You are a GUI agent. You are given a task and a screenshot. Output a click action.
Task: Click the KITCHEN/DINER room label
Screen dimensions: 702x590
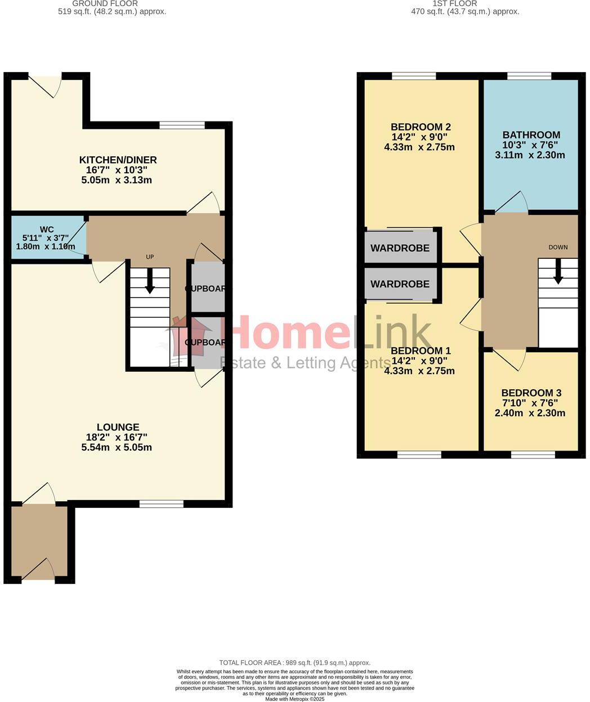[x=118, y=160]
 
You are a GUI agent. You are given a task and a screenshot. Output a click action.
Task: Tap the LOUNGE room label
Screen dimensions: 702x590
[x=118, y=427]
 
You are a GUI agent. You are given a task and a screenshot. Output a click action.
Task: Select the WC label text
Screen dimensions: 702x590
[x=47, y=229]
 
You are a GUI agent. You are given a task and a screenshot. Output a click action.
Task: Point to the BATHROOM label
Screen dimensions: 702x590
[x=531, y=134]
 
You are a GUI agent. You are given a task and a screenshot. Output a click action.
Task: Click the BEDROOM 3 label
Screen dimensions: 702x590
[x=531, y=393]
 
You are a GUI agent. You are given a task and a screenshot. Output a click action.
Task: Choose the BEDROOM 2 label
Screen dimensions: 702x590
[x=421, y=127]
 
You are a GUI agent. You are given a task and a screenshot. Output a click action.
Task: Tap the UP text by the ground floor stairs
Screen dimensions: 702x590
[x=150, y=257]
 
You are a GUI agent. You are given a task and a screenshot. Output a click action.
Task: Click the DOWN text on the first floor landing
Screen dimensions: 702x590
[x=558, y=247]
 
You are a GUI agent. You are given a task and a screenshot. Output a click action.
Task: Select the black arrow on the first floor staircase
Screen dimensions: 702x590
[x=558, y=272]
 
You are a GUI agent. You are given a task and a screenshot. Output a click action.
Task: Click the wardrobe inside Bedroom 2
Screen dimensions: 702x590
[x=400, y=248]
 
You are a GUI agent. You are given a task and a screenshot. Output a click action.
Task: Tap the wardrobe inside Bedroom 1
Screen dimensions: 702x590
[x=400, y=284]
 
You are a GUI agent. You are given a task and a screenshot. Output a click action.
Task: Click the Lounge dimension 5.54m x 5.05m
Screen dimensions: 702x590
[x=117, y=448]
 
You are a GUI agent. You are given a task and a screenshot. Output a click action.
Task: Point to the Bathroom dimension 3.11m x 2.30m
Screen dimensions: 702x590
[x=530, y=155]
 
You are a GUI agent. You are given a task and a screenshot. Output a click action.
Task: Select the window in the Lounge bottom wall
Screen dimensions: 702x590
[x=161, y=504]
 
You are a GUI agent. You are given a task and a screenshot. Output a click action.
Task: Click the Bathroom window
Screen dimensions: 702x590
[x=529, y=76]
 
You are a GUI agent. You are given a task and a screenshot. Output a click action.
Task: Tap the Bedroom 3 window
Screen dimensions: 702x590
[x=532, y=454]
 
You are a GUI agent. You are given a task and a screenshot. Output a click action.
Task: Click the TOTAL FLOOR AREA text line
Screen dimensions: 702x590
[x=294, y=663]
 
